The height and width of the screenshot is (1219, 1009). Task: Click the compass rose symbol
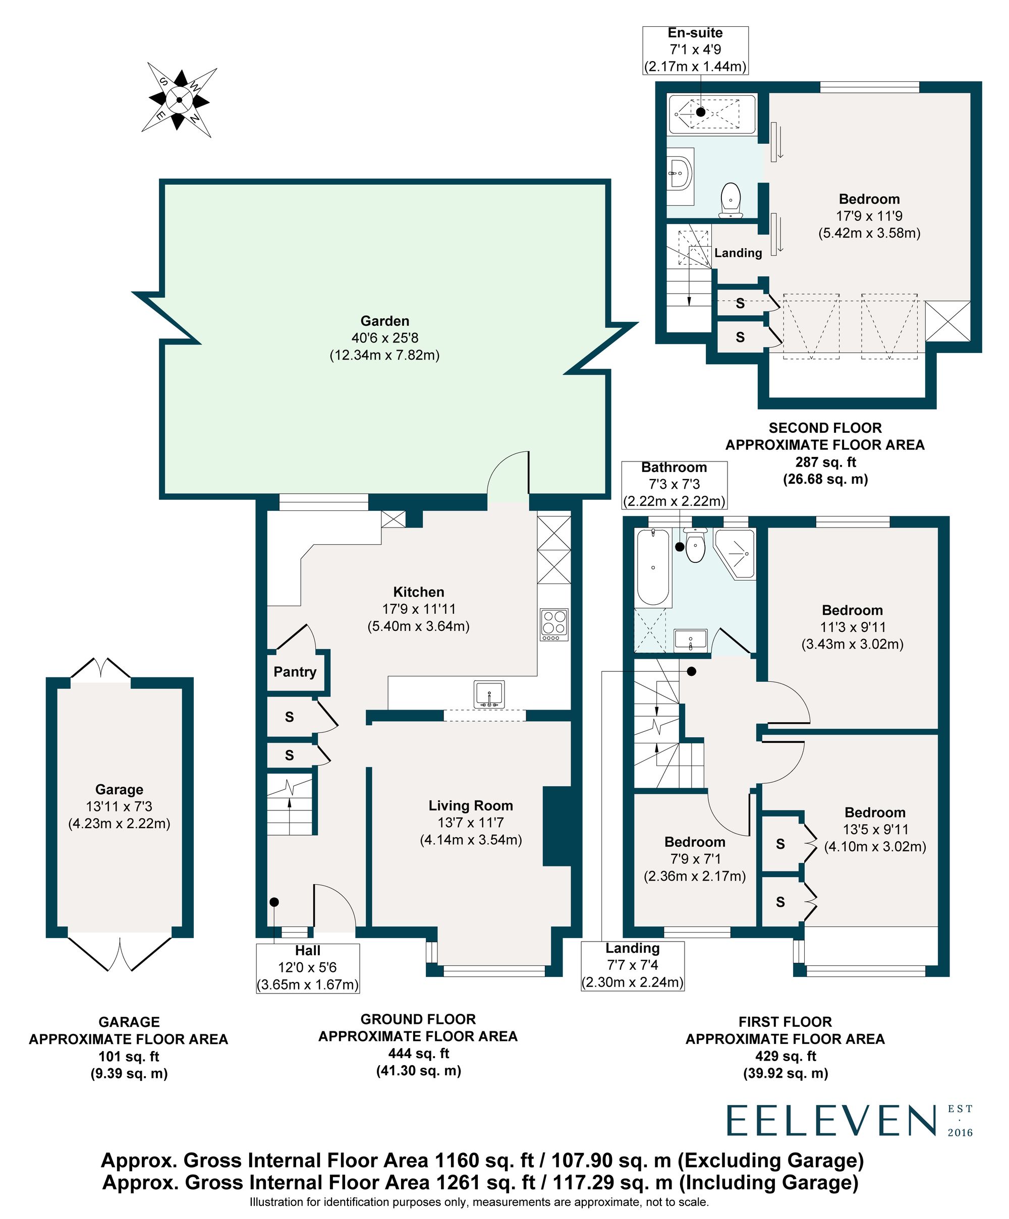pos(179,100)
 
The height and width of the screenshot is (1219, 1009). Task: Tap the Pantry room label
pos(295,672)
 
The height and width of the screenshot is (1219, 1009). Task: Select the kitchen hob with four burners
pos(553,624)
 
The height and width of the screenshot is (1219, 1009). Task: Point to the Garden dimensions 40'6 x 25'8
pos(384,338)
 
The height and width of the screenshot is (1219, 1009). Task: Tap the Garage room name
pos(119,789)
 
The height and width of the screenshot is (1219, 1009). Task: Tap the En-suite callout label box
pos(695,50)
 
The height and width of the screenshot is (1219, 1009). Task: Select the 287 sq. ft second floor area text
pos(824,462)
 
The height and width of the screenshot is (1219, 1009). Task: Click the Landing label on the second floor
pos(738,253)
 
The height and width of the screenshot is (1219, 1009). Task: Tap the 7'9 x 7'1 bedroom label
pos(694,858)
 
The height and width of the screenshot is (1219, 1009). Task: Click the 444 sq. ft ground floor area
pos(418,1053)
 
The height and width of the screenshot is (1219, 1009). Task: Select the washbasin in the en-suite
pos(681,172)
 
